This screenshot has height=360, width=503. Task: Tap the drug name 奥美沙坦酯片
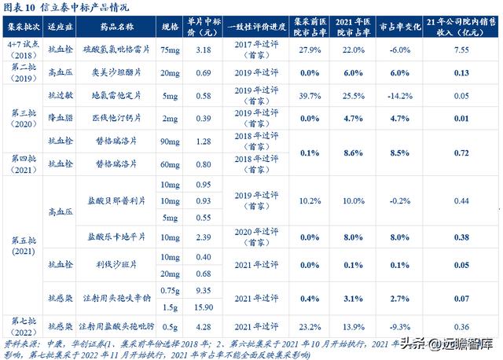click(116, 72)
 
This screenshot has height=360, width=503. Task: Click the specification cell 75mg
click(169, 50)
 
